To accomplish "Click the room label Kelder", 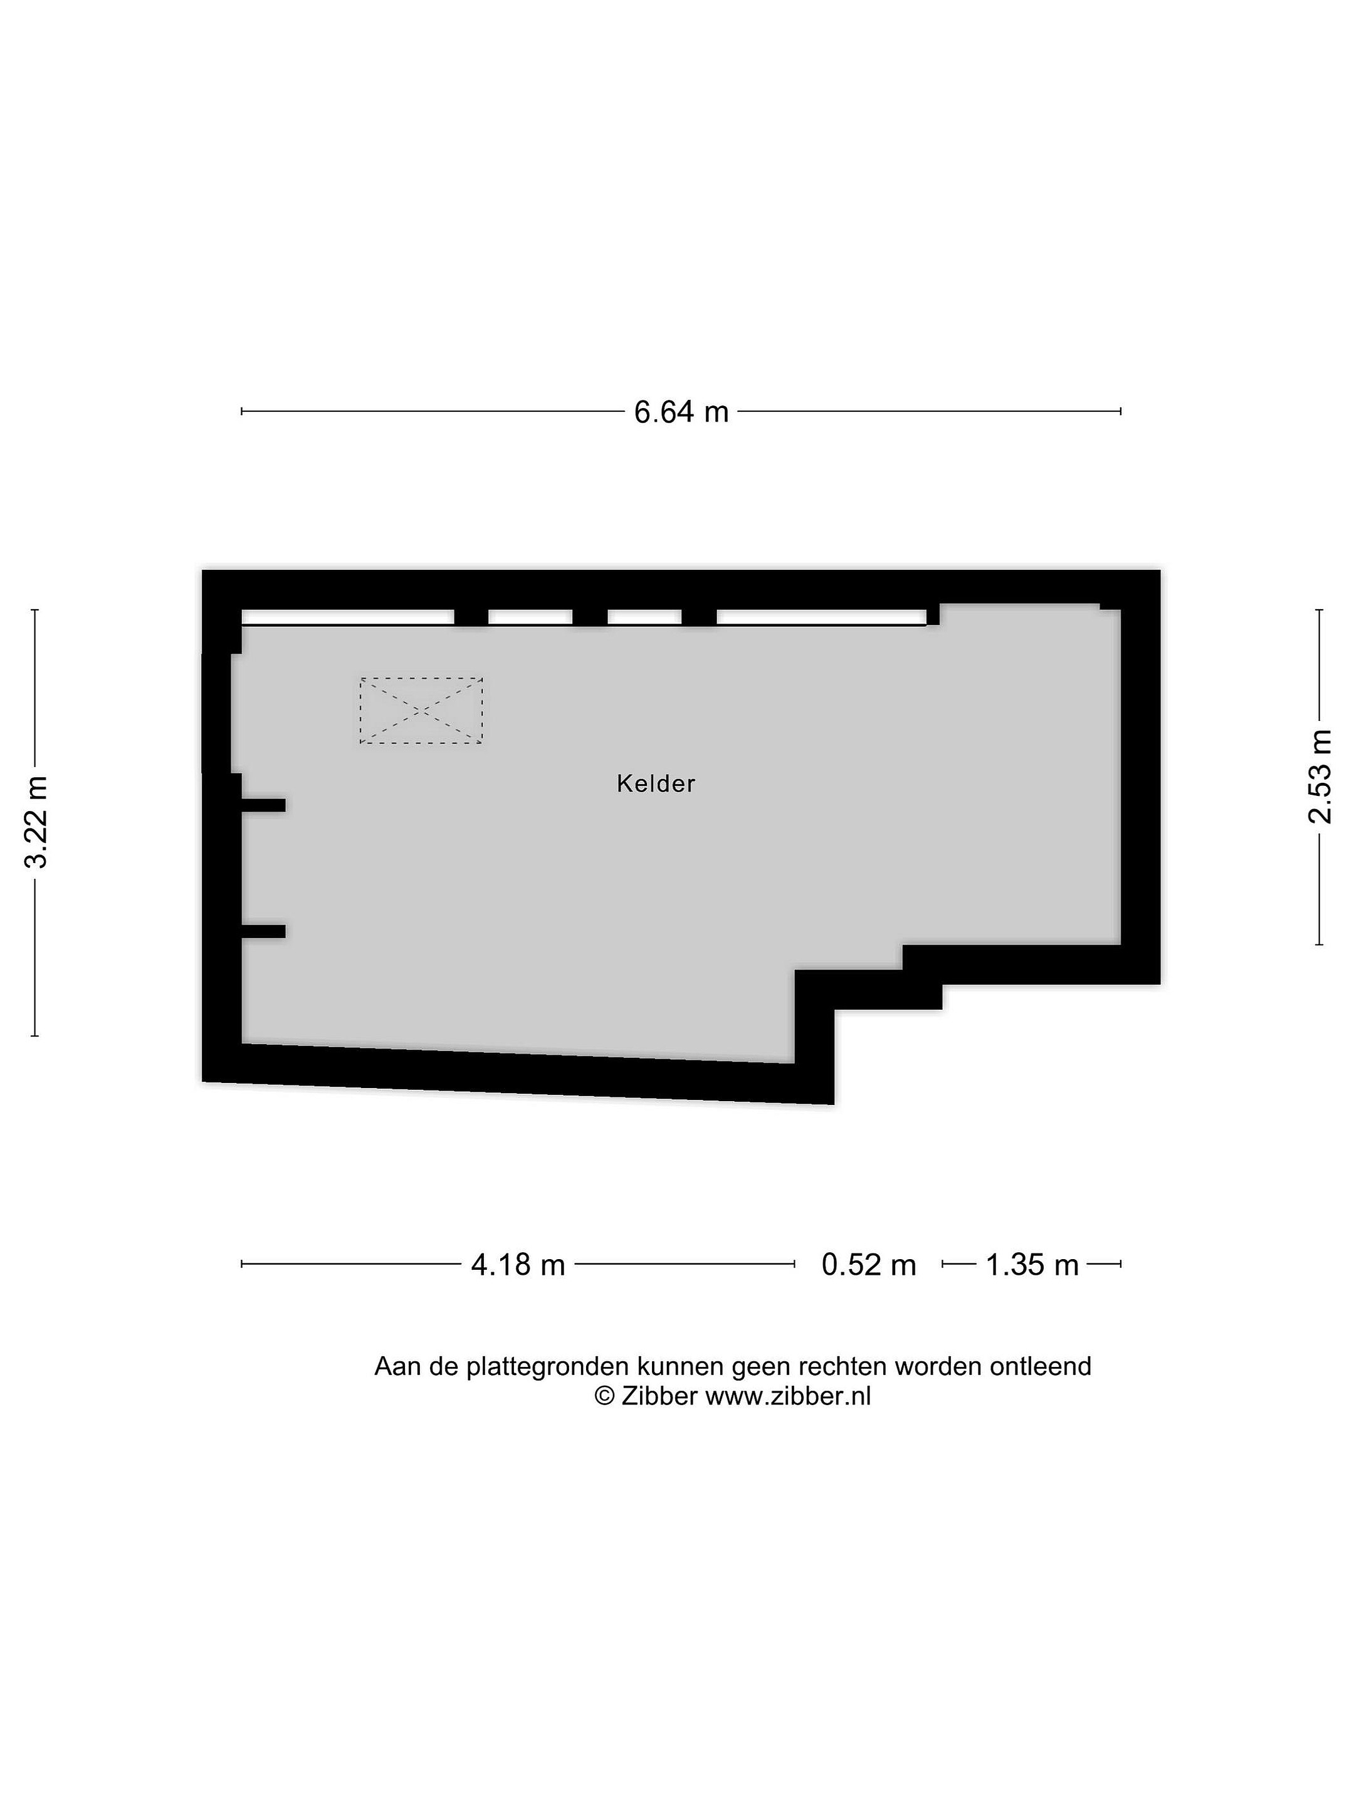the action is (655, 783).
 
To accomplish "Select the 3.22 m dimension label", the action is (36, 822).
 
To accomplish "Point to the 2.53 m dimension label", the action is (1320, 777).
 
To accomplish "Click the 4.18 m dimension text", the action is (518, 1264).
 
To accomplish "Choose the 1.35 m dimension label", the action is (1032, 1264).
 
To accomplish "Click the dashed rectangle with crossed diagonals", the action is (421, 710).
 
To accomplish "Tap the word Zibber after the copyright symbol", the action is (659, 1396).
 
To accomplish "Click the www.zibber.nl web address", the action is (789, 1396).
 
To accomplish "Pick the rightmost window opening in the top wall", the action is (822, 617).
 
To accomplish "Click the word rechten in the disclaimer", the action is (842, 1367).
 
